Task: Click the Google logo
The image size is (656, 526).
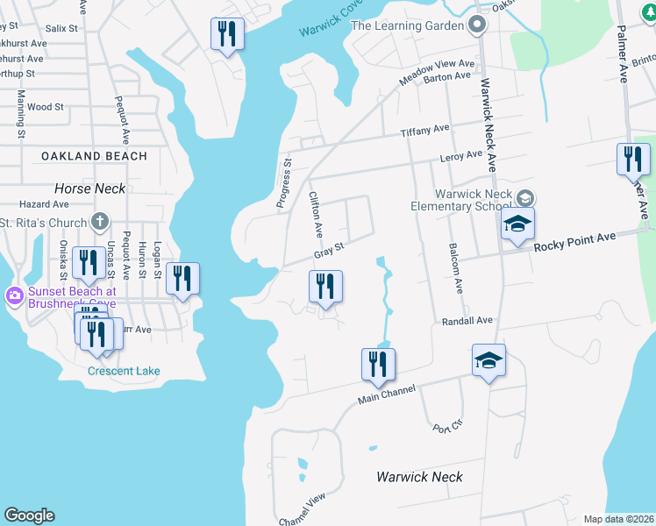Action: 29,515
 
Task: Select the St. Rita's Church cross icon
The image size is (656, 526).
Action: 101,222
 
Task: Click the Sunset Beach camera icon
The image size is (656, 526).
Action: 14,295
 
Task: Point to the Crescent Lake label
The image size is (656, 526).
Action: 124,371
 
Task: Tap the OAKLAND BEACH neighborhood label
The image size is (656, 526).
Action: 94,156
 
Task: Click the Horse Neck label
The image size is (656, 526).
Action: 89,188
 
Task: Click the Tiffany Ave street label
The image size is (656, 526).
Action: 424,131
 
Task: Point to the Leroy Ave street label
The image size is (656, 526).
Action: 460,156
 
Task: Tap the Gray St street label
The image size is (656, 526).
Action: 328,252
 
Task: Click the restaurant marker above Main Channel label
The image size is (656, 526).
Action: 378,365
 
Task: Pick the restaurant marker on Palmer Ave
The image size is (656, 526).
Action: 633,160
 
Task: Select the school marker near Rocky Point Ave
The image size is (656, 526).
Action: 517,224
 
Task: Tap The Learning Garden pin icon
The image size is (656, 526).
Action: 478,25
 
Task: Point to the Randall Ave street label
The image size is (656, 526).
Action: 467,322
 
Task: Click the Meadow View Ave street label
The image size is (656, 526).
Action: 437,69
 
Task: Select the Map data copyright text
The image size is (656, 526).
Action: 618,519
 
